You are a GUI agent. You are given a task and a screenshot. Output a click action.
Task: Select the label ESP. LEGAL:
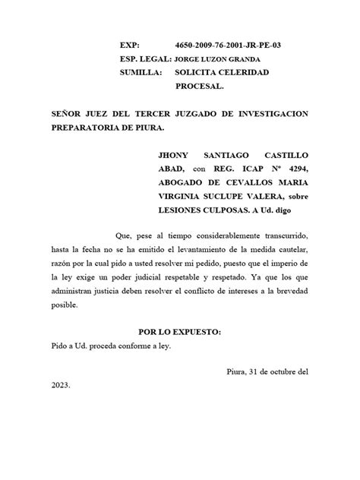point(144,59)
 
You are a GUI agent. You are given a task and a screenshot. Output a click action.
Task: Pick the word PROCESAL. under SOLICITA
point(200,86)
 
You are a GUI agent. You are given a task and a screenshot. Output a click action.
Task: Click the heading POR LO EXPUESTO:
point(179,311)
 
